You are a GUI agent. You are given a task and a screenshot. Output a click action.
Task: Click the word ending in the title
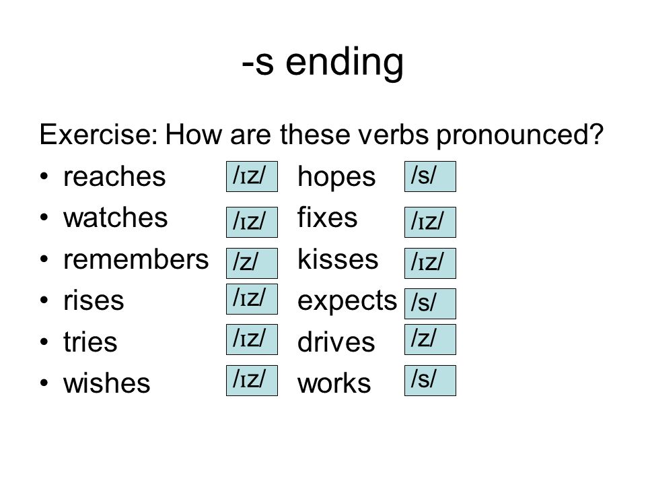click(345, 63)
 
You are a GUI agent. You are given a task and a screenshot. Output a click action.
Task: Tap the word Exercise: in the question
click(98, 134)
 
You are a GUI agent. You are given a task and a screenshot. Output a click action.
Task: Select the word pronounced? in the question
click(520, 135)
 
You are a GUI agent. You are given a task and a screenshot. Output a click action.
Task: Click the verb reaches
click(114, 176)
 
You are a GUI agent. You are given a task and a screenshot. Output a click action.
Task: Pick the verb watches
click(116, 218)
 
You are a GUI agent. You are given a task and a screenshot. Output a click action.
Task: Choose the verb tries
click(90, 342)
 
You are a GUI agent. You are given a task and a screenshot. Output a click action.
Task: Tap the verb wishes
click(107, 383)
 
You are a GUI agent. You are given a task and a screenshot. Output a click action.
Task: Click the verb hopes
click(336, 178)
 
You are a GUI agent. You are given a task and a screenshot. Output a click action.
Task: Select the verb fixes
click(328, 218)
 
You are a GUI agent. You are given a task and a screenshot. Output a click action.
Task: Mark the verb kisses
click(338, 259)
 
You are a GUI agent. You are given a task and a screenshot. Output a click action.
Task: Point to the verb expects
click(347, 302)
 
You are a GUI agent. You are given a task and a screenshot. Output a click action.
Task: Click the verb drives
click(336, 342)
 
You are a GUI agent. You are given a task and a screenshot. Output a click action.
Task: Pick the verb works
click(334, 383)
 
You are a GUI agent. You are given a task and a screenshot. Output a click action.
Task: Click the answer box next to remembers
click(252, 263)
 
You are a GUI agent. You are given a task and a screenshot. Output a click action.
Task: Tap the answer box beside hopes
click(430, 176)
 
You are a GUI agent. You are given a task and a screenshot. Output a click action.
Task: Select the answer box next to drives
click(430, 339)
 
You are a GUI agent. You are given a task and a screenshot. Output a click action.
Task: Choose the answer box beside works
click(430, 380)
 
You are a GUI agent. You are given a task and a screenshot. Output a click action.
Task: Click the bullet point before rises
click(44, 300)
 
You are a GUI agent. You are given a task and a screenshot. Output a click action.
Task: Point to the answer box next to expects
click(430, 304)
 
